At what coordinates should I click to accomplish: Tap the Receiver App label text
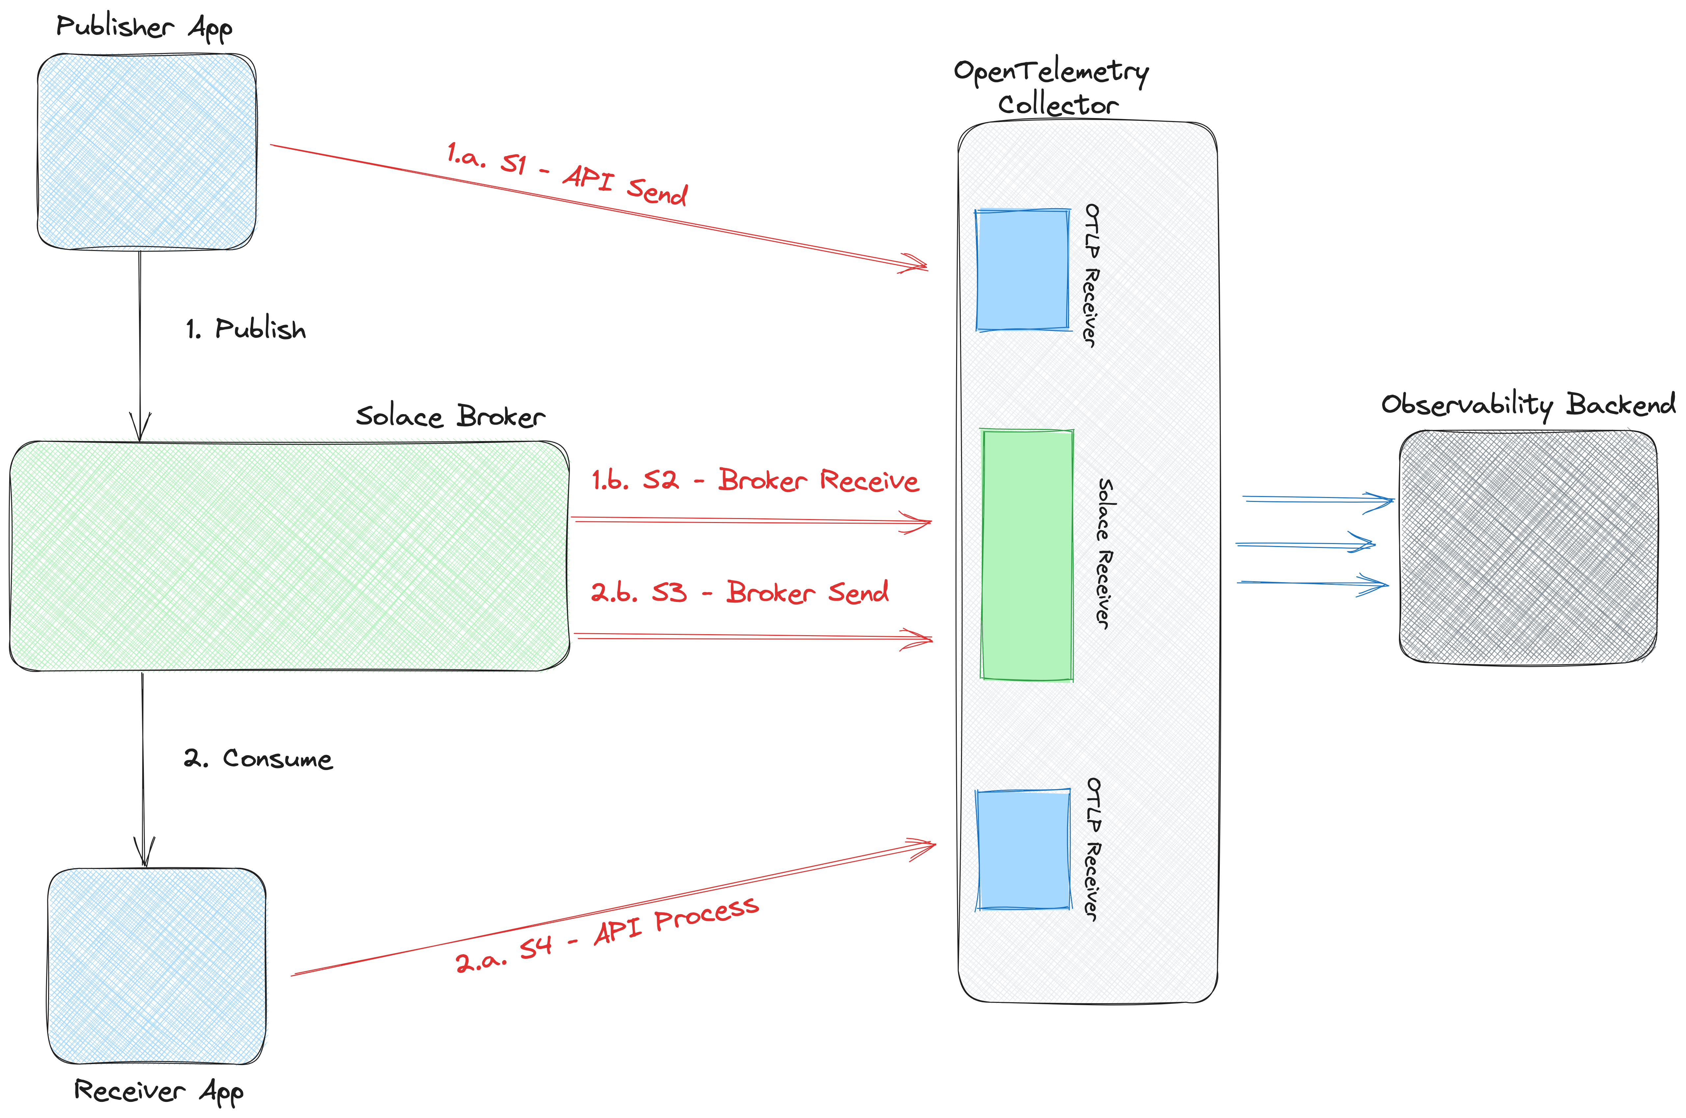click(158, 1091)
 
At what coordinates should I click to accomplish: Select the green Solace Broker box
click(289, 556)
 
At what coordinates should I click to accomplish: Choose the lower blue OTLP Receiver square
click(1023, 849)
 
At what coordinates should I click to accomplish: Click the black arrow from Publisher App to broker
click(140, 342)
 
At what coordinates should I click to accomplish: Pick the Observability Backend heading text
click(1528, 404)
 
